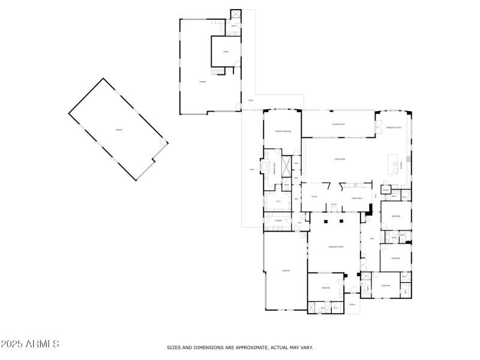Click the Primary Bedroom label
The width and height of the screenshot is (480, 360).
click(283, 131)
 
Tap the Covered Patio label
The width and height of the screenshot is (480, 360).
click(338, 124)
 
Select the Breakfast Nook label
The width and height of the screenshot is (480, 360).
click(394, 128)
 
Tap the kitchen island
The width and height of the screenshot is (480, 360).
click(394, 162)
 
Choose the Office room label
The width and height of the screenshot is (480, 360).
click(314, 197)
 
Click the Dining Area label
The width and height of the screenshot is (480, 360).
click(356, 197)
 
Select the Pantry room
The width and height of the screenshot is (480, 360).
click(385, 190)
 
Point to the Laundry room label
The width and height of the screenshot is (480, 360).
click(278, 221)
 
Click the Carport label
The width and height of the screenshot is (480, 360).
click(286, 271)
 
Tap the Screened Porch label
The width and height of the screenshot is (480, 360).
click(335, 247)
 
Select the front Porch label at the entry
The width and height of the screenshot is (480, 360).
click(352, 304)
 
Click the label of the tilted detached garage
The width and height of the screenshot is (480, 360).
click(119, 130)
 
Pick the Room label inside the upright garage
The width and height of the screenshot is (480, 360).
click(226, 52)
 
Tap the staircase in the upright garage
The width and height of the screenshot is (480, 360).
click(221, 71)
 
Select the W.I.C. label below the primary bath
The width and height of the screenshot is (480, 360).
click(278, 202)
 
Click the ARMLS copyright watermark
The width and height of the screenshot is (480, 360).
click(30, 344)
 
